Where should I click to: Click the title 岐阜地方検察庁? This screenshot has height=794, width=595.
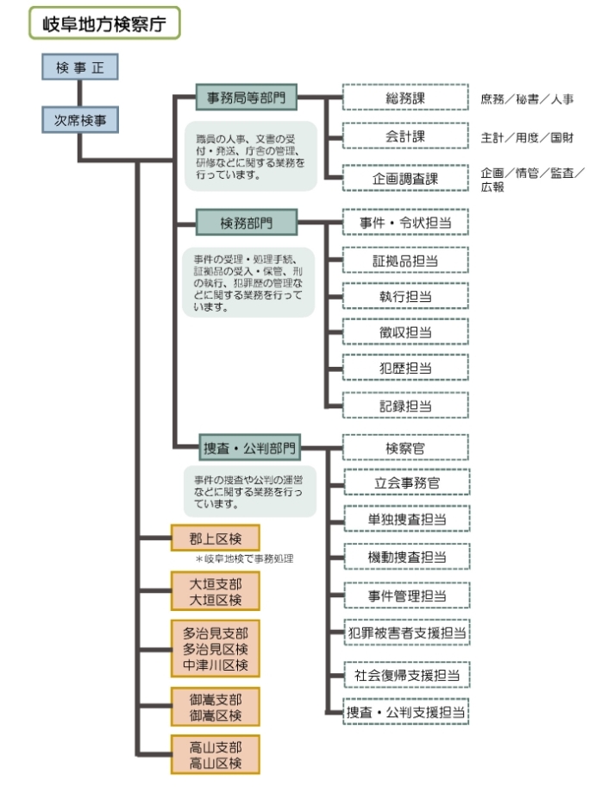(104, 22)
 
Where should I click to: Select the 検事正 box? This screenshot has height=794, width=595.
(79, 68)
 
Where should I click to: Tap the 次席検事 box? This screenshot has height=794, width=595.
(79, 121)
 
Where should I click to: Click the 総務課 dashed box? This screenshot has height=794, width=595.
(405, 98)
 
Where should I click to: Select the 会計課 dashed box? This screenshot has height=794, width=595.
(405, 136)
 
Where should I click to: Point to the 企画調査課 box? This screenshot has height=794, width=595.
(405, 179)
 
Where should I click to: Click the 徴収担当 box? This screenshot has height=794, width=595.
(405, 332)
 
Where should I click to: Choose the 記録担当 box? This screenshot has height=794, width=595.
(405, 405)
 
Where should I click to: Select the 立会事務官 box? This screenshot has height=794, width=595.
(405, 483)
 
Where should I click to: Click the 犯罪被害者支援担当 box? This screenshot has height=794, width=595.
(405, 633)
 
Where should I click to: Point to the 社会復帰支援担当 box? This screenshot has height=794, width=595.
(405, 674)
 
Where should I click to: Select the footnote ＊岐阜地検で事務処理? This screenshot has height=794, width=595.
(243, 559)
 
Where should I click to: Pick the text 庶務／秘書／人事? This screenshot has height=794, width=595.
(526, 99)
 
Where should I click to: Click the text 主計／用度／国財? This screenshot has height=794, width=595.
(526, 137)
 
